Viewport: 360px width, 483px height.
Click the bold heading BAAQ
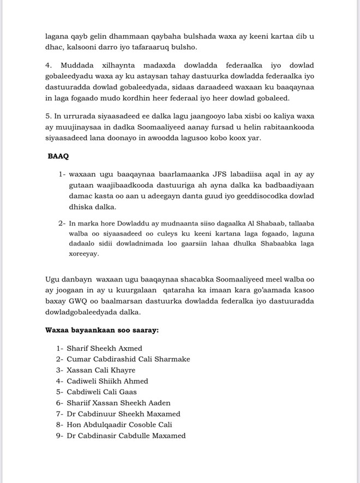tap(59, 156)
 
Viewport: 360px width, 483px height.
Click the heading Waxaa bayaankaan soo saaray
tap(102, 330)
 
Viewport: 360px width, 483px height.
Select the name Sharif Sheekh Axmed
tap(104, 348)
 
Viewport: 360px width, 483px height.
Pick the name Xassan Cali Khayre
tap(101, 370)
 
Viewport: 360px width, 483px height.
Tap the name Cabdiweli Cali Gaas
tap(101, 392)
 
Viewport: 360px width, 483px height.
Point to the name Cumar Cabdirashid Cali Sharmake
tap(128, 359)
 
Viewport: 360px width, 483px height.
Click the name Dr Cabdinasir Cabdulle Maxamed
tap(126, 436)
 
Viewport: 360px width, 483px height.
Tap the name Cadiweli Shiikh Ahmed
tap(107, 381)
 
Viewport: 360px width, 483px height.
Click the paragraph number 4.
tap(48, 64)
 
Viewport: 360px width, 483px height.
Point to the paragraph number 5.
tap(48, 116)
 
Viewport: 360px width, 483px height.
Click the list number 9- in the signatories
tap(59, 436)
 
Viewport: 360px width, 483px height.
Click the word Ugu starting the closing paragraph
tap(53, 279)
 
